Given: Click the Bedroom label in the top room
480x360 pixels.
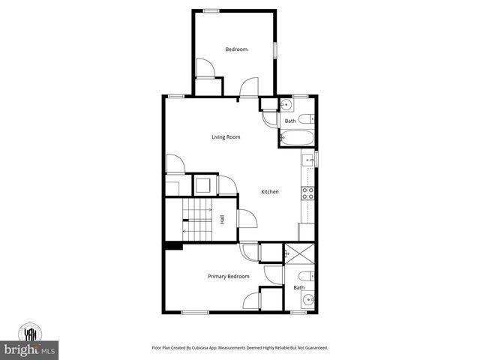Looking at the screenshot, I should [236, 49].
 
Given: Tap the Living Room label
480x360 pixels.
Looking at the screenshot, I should [225, 137].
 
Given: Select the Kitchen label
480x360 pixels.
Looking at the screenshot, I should [269, 192].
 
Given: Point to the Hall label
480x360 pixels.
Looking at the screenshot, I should [222, 220].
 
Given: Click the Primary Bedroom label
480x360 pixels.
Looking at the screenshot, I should [228, 277].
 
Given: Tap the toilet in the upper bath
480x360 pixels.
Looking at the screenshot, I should [307, 118].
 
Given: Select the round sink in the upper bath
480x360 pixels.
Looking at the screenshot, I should [286, 105].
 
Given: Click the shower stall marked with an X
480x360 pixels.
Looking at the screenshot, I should [299, 253].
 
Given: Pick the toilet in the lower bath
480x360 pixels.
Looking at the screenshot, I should [306, 276].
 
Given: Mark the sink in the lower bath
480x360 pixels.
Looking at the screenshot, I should [307, 301].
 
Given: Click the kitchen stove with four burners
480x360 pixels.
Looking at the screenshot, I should [307, 192].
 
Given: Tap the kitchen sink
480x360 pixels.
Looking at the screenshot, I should [307, 159].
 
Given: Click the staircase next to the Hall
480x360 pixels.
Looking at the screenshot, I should [197, 221].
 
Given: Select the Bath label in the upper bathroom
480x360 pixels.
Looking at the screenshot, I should [290, 121].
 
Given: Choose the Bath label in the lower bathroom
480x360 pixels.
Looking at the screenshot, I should [299, 288].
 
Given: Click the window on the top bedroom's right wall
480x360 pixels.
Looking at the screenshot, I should [274, 49].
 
